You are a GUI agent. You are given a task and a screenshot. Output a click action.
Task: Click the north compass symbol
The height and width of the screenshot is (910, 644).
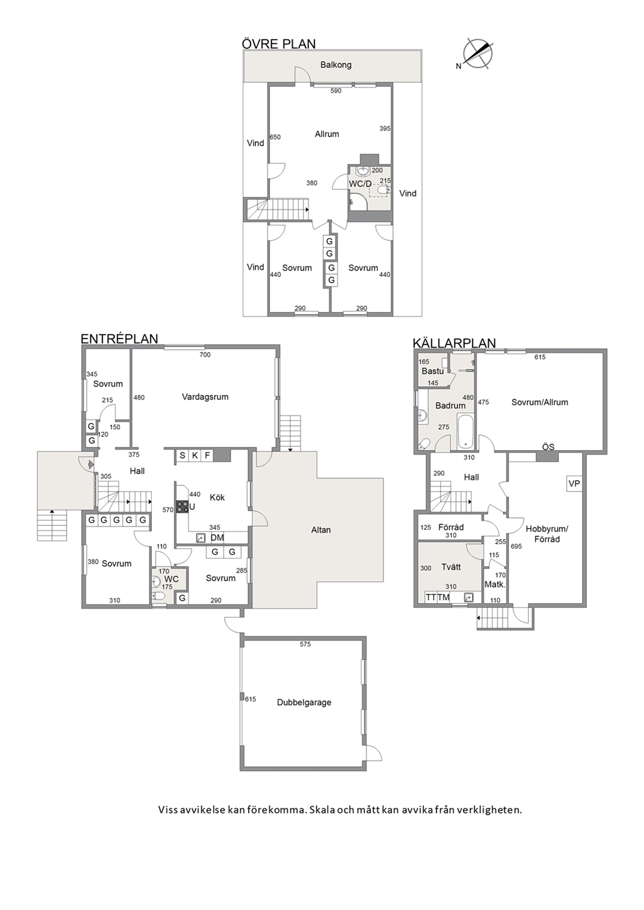click(x=478, y=54)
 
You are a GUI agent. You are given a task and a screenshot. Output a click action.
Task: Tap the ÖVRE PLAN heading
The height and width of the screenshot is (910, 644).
click(x=279, y=44)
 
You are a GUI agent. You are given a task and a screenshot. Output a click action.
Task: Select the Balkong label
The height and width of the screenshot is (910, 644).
click(x=336, y=65)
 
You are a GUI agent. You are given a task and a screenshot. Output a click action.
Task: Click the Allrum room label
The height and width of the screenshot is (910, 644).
click(x=327, y=134)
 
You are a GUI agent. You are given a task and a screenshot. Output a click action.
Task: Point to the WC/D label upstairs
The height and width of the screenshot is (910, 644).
click(x=360, y=184)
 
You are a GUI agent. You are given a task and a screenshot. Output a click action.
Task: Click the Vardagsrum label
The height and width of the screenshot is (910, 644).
click(x=205, y=397)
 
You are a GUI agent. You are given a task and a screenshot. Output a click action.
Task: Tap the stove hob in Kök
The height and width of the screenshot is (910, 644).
click(x=182, y=507)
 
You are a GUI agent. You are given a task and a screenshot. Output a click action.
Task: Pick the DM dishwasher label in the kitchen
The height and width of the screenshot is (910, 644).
click(x=217, y=538)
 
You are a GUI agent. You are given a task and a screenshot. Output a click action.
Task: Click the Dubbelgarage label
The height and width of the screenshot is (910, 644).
click(x=304, y=702)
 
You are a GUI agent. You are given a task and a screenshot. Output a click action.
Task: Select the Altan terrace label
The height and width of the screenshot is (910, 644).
click(x=321, y=530)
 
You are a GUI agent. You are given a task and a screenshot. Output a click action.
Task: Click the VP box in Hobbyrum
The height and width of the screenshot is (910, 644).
click(x=574, y=483)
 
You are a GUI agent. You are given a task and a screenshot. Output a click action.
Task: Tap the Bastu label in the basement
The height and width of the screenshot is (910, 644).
click(x=432, y=371)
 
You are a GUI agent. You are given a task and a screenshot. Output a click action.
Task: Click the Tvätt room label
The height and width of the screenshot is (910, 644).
click(x=451, y=567)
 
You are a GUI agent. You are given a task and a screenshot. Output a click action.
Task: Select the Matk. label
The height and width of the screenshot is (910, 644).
click(x=495, y=584)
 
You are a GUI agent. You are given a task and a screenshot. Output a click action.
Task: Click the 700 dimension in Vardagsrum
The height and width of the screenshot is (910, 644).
click(x=205, y=355)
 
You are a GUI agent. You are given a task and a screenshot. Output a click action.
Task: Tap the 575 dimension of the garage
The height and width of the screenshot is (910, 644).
click(x=305, y=644)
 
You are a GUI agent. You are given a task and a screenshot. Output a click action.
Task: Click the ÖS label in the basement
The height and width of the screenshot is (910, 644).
click(x=548, y=448)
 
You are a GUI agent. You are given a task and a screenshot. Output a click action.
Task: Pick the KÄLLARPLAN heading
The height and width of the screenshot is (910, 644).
click(x=454, y=343)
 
